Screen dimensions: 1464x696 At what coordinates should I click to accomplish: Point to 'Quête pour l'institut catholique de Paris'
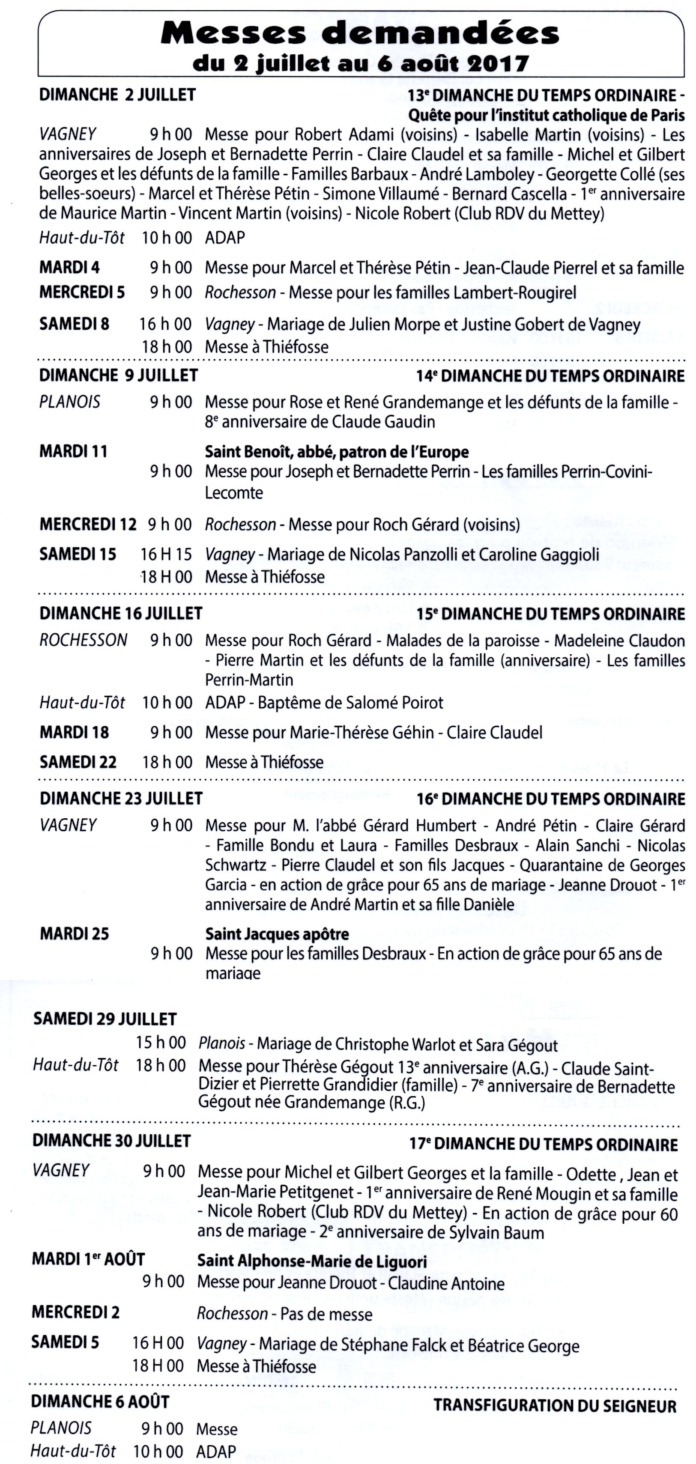pos(547,115)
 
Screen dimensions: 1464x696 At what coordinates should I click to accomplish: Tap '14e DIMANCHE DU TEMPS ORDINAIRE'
pos(551,376)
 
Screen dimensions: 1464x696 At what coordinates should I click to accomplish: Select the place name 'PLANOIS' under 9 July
pos(70,403)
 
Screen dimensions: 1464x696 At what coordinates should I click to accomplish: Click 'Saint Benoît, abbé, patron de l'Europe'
pos(337,452)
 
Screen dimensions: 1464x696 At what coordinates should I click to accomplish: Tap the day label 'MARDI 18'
pos(74,732)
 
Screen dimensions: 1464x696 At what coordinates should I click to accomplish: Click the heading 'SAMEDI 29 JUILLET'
pos(105,1019)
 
